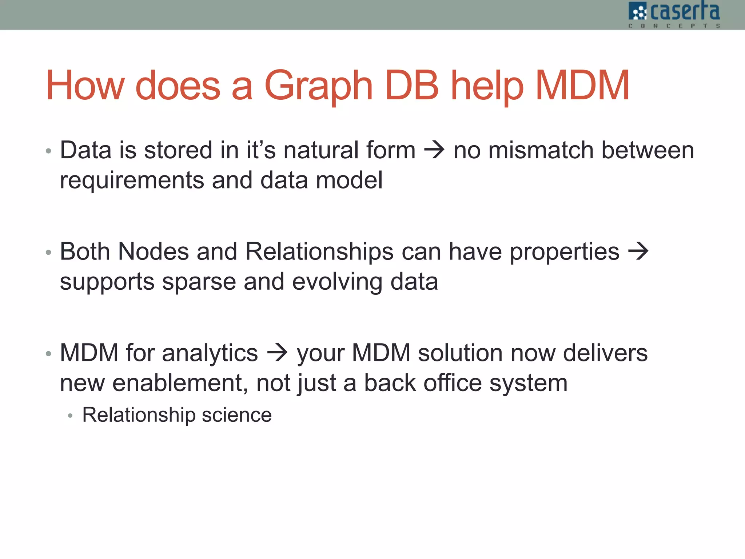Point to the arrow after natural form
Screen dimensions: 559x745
click(x=434, y=150)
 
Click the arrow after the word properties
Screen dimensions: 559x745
click(x=638, y=251)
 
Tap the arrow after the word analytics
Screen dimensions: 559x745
click(x=277, y=353)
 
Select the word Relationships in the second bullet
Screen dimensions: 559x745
click(x=319, y=251)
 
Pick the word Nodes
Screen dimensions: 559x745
click(x=154, y=251)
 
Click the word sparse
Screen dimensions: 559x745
click(x=199, y=282)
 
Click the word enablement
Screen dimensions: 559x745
click(x=180, y=383)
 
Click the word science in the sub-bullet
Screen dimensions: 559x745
click(x=237, y=415)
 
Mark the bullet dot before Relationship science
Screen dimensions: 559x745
click(x=70, y=416)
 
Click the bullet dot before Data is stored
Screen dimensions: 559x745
click(x=48, y=151)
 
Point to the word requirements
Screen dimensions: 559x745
click(x=132, y=180)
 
